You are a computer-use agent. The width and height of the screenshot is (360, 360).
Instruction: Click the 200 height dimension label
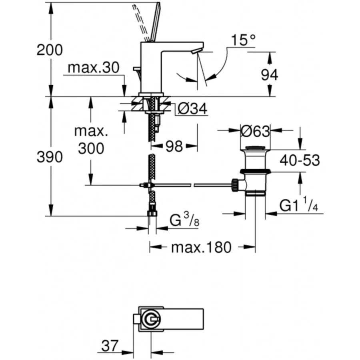pyautogui.click(x=50, y=50)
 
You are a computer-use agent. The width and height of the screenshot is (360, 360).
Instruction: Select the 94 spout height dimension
pyautogui.click(x=270, y=75)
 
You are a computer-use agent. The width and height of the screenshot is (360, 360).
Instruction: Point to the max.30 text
pyautogui.click(x=94, y=68)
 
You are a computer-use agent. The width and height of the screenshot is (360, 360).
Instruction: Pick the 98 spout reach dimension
pyautogui.click(x=174, y=146)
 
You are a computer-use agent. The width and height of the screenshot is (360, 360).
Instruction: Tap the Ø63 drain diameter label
pyautogui.click(x=255, y=131)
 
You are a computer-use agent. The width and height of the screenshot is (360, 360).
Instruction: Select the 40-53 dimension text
pyautogui.click(x=300, y=160)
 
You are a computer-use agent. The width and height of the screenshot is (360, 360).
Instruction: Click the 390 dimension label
pyautogui.click(x=50, y=157)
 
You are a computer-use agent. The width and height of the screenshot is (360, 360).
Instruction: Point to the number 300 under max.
pyautogui.click(x=91, y=148)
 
